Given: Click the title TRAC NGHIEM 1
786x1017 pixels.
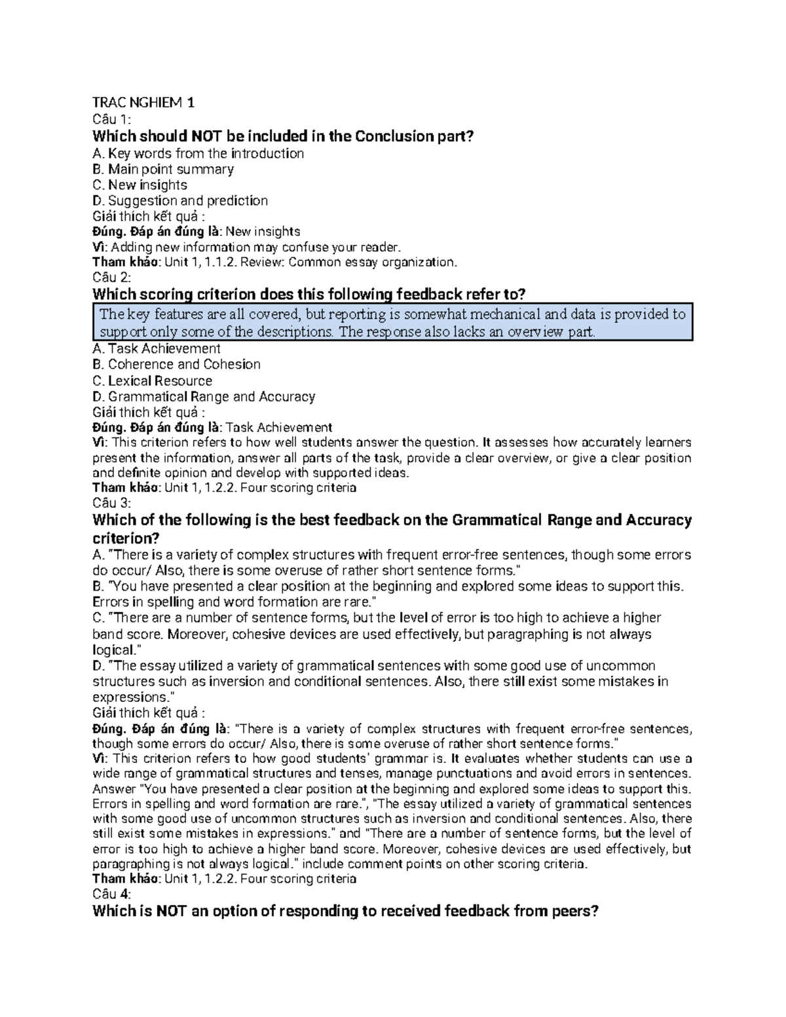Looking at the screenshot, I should (143, 103).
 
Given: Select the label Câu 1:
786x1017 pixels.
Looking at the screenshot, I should (112, 119).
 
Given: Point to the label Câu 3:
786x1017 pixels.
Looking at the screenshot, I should (112, 503).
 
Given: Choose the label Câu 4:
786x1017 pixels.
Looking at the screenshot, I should (112, 894).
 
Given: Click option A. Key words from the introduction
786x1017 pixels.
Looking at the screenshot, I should (198, 153).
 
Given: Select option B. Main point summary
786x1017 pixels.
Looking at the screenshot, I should (163, 169).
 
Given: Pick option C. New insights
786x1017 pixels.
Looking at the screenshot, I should (140, 185).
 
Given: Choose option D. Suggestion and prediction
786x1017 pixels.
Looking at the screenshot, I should (180, 200).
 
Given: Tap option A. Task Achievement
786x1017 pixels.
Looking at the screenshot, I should (157, 348).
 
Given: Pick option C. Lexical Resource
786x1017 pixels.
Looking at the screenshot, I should (153, 380).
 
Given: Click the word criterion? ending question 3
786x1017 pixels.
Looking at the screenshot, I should (126, 538).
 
